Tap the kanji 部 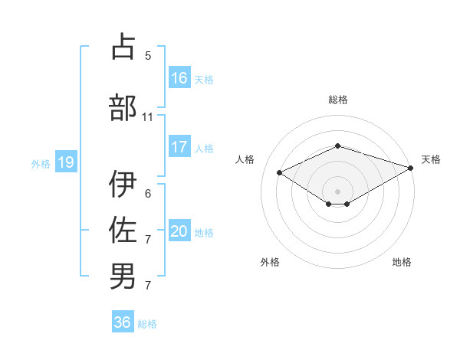[x=123, y=108]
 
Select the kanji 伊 [x=123, y=185]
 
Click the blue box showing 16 [x=179, y=78]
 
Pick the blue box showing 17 [x=179, y=147]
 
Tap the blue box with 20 [x=179, y=231]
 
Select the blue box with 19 [x=65, y=162]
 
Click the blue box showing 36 [x=123, y=322]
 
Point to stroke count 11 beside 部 [x=148, y=117]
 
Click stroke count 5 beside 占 [x=148, y=55]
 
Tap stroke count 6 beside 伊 [x=148, y=193]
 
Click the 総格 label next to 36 [x=147, y=324]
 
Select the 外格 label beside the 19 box [x=40, y=163]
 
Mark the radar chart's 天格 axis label [x=432, y=159]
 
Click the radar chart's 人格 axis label [x=245, y=159]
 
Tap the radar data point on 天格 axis [x=411, y=168]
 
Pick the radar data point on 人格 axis [x=280, y=172]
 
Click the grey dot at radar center [x=337, y=190]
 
